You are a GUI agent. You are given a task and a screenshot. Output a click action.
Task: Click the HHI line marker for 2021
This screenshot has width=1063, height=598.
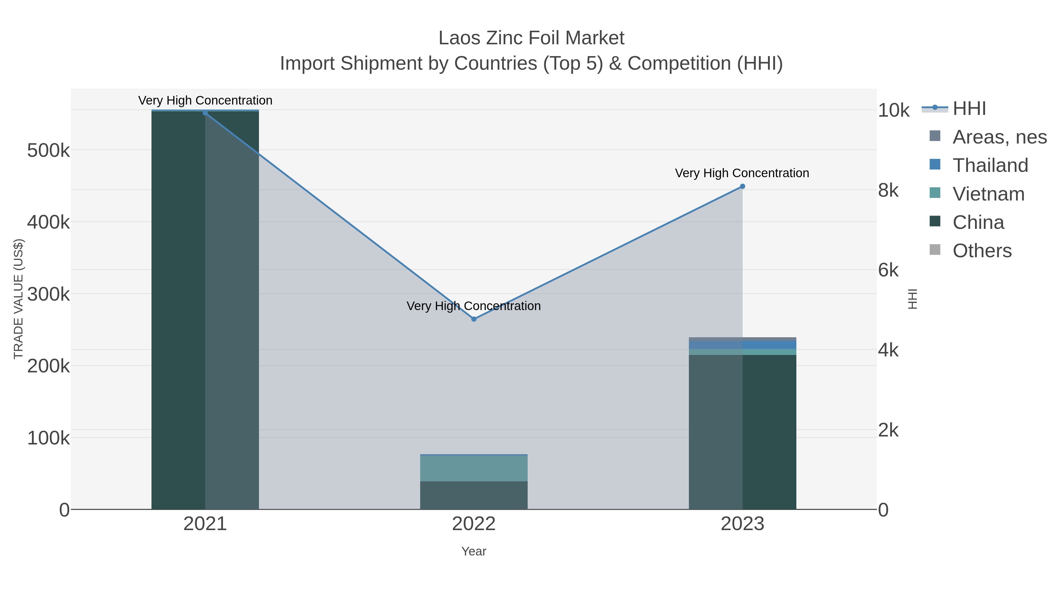pos(205,113)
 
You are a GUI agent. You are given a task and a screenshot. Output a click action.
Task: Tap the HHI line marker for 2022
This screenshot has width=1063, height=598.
pos(474,319)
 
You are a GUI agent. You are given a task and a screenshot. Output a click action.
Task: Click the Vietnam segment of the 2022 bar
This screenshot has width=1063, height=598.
pos(474,468)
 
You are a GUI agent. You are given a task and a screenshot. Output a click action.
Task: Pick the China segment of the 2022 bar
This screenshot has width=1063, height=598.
pos(474,495)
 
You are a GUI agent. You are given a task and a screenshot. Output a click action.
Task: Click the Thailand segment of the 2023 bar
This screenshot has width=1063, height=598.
pos(742,345)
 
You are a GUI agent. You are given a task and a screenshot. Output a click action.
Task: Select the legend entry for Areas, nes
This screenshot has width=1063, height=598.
pos(999,137)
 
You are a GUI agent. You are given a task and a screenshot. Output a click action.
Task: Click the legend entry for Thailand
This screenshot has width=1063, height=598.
pos(990,165)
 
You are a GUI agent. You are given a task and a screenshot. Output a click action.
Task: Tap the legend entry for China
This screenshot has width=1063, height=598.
pos(978,222)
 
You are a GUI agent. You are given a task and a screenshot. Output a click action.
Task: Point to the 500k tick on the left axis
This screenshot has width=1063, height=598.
pos(48,150)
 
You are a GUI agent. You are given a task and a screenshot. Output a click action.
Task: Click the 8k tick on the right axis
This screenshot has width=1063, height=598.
pos(888,190)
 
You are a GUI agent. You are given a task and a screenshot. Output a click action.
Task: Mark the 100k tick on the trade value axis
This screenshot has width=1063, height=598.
pos(48,438)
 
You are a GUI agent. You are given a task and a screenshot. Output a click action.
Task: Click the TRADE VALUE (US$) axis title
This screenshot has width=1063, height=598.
pos(19,299)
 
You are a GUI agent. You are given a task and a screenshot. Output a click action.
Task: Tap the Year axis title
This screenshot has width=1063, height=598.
pos(474,551)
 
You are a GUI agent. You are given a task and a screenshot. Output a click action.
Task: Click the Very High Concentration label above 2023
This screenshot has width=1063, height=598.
pos(742,173)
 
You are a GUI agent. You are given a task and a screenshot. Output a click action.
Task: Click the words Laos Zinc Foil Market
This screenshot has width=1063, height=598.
pos(531,38)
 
